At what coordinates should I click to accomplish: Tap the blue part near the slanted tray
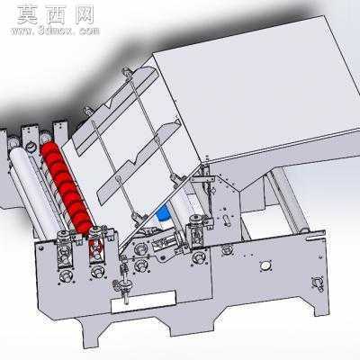click(x=164, y=213)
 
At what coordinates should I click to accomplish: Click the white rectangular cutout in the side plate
click(x=143, y=301)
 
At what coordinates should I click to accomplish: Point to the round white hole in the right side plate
click(x=265, y=265)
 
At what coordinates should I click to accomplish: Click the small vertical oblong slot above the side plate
click(x=227, y=220)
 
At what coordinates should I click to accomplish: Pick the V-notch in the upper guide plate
click(x=110, y=104)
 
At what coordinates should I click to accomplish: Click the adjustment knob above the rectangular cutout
click(x=123, y=284)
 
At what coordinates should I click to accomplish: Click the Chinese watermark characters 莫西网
click(x=56, y=15)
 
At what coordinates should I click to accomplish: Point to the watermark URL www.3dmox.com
click(x=55, y=31)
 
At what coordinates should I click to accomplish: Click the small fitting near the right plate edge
click(x=318, y=283)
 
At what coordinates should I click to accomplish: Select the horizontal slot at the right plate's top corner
click(x=314, y=238)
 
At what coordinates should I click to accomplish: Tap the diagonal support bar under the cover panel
click(x=289, y=200)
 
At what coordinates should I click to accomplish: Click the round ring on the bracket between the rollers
click(x=31, y=147)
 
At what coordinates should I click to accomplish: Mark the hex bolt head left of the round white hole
click(x=227, y=248)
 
